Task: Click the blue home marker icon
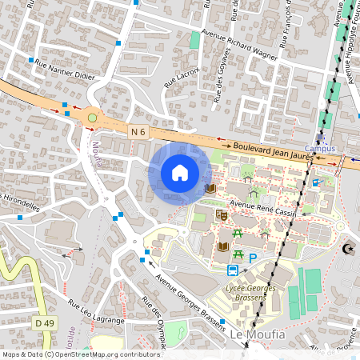pos(180,172)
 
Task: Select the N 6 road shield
pos(138,130)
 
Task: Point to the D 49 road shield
pos(45,322)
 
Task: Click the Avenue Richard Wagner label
pos(239,45)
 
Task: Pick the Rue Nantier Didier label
pos(63,74)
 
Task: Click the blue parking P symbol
pos(253,258)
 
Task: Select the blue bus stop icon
pos(234,270)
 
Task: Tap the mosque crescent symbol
pos(346,249)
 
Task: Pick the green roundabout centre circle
pos(92,118)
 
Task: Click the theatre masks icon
pos(223,215)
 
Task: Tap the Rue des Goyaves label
pos(223,76)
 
